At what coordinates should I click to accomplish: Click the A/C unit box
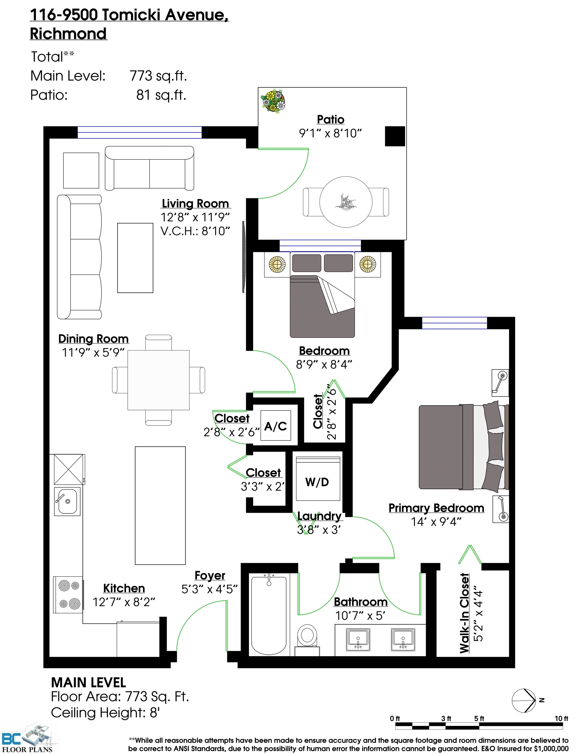[x=276, y=425]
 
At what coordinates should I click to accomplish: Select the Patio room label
[x=330, y=119]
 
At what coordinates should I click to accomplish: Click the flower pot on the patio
[x=273, y=101]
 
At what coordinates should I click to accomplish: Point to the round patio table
[x=346, y=202]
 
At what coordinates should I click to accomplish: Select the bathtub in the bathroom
[x=269, y=615]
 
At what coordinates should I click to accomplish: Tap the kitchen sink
[x=67, y=502]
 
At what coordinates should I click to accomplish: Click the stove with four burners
[x=68, y=595]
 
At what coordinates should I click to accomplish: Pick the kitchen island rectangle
[x=160, y=505]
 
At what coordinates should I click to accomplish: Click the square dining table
[x=158, y=380]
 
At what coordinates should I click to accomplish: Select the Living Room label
[x=195, y=204]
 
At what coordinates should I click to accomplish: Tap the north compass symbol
[x=524, y=700]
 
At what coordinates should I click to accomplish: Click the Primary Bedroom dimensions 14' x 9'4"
[x=436, y=522]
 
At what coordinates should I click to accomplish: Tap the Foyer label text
[x=210, y=576]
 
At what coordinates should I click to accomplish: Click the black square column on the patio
[x=395, y=136]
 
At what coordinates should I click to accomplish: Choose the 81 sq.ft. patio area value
[x=161, y=95]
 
